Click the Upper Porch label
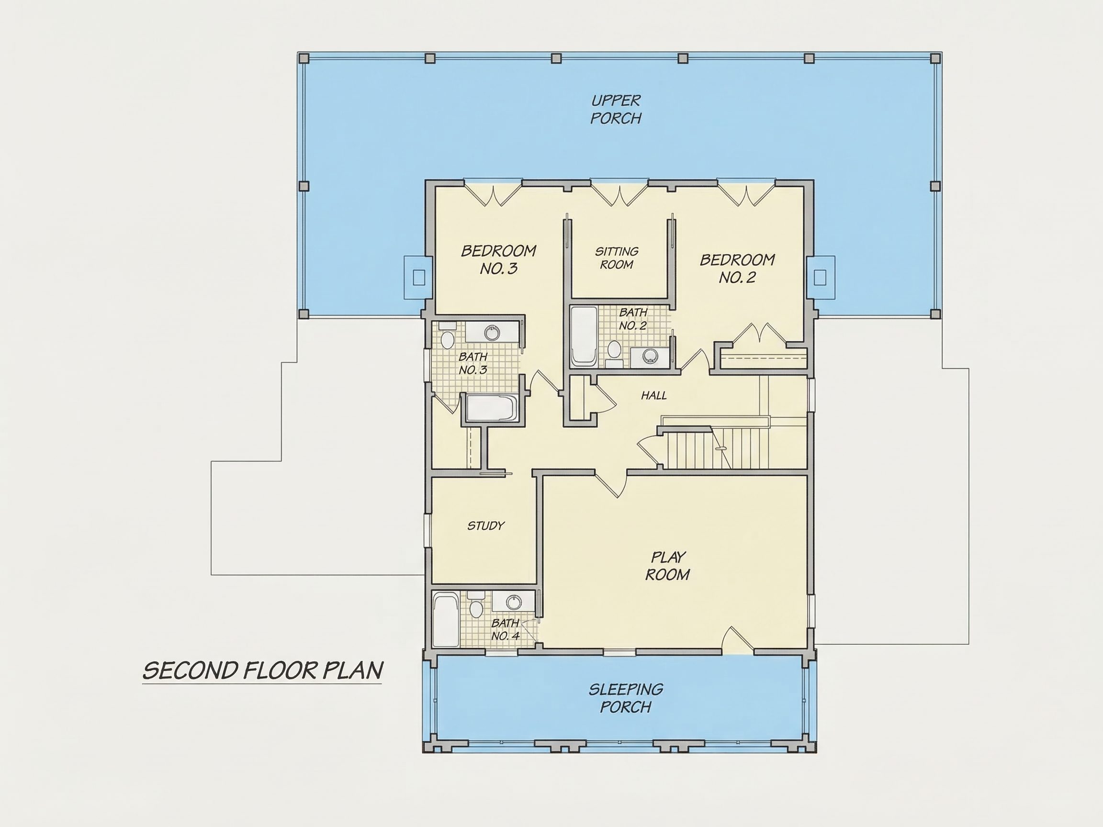pyautogui.click(x=616, y=109)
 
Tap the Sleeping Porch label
pyautogui.click(x=626, y=698)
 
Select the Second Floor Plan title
pyautogui.click(x=263, y=671)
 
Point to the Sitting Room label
pyautogui.click(x=617, y=258)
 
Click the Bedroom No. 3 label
pyautogui.click(x=499, y=259)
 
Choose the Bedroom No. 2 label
pyautogui.click(x=738, y=268)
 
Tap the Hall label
pyautogui.click(x=654, y=395)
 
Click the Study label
pyautogui.click(x=486, y=525)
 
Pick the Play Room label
pyautogui.click(x=668, y=566)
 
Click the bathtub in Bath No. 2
pyautogui.click(x=584, y=336)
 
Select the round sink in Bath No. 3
pyautogui.click(x=493, y=332)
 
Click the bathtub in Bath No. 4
pyautogui.click(x=446, y=620)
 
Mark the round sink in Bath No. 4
pyautogui.click(x=513, y=602)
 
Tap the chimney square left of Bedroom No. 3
pyautogui.click(x=419, y=278)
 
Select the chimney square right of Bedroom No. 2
pyautogui.click(x=820, y=278)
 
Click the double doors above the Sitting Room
pyautogui.click(x=619, y=195)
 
